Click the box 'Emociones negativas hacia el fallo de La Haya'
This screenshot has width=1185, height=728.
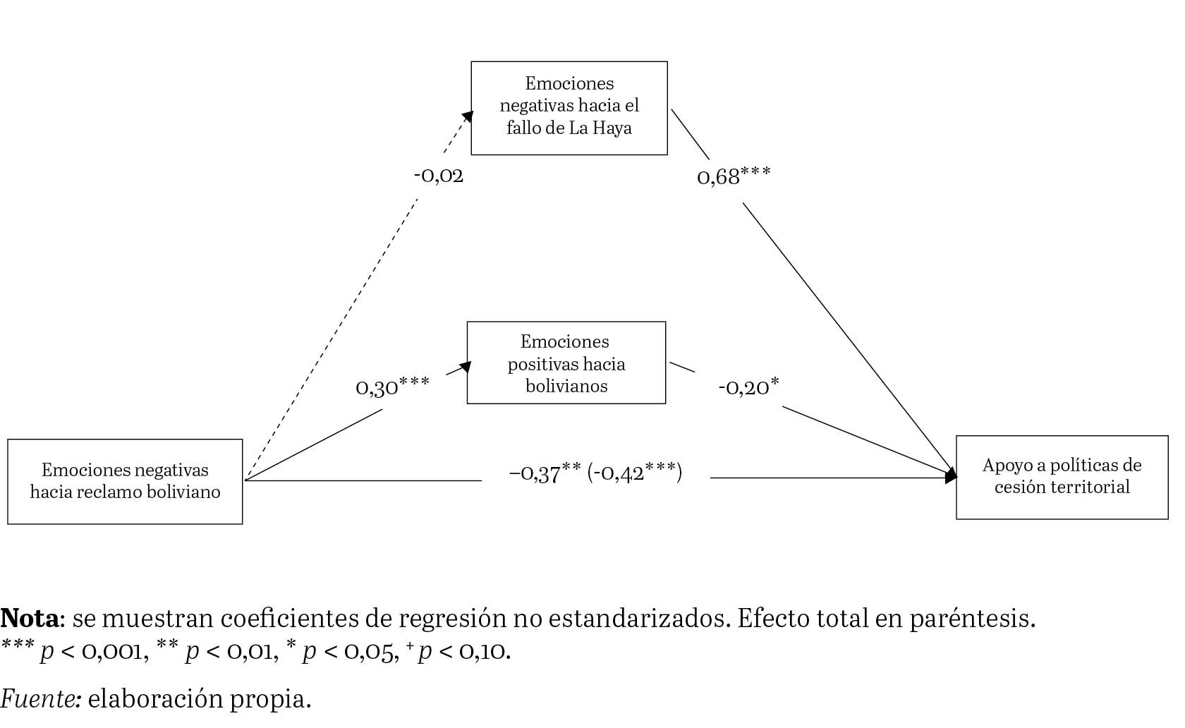[569, 107]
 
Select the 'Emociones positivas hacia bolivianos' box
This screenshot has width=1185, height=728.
[566, 363]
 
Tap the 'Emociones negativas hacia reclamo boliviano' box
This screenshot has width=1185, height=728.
[125, 481]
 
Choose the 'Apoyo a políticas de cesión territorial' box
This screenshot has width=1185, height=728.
[1062, 477]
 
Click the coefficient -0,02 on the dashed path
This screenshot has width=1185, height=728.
[439, 175]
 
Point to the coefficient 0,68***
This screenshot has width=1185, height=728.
[734, 176]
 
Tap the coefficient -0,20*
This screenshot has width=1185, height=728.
[748, 387]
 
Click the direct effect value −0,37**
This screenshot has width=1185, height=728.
[545, 473]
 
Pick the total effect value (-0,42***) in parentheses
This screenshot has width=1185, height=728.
[635, 473]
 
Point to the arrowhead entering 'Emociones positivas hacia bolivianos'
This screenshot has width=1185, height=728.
[464, 367]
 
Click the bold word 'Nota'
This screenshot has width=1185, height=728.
[30, 619]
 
